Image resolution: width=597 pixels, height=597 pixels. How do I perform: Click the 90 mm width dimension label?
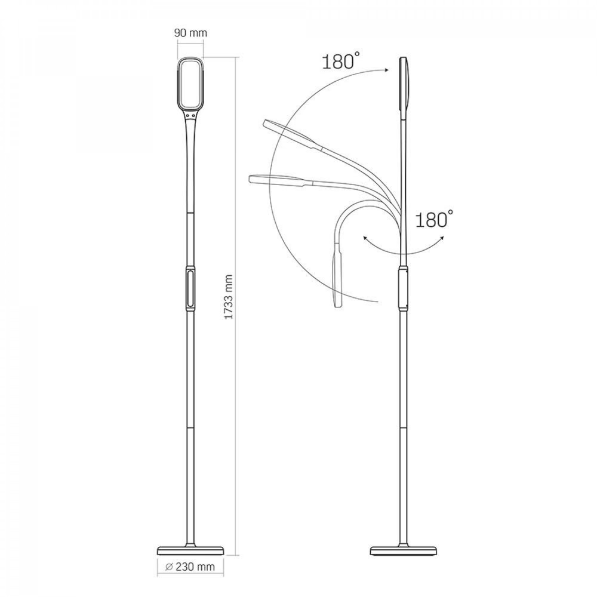coord(190,33)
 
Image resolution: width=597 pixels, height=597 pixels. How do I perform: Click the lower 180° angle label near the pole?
coord(433,219)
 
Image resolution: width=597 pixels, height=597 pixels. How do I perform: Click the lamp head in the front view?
coord(190,84)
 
